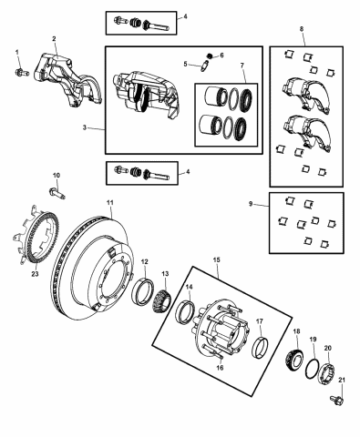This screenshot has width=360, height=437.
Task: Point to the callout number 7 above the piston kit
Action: click(x=241, y=66)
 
